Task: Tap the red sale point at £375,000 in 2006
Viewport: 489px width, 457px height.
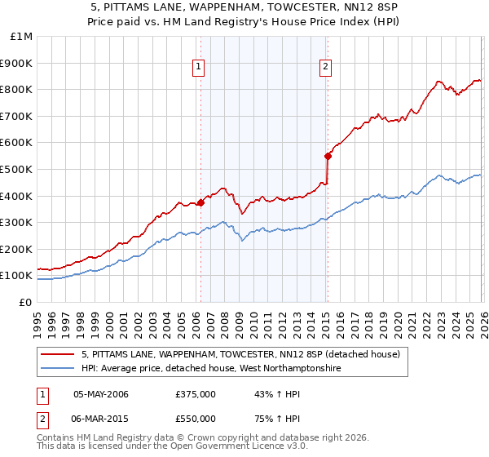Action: click(200, 203)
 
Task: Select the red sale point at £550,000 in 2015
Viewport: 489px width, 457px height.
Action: click(328, 156)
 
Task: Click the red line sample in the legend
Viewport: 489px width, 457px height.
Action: click(59, 355)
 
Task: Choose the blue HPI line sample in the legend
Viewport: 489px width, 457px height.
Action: click(59, 369)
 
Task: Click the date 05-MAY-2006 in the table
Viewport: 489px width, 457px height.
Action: click(101, 394)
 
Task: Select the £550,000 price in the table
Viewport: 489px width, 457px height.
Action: click(196, 418)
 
